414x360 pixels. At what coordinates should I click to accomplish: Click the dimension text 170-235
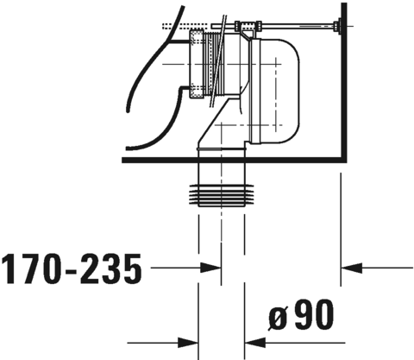coord(71,271)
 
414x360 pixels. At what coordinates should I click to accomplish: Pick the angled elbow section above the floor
coord(216,129)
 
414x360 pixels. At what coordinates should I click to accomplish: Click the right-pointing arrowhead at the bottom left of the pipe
coord(191,340)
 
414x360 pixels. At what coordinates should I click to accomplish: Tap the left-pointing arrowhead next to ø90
coord(255,340)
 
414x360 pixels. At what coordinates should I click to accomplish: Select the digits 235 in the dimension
coord(111,271)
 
